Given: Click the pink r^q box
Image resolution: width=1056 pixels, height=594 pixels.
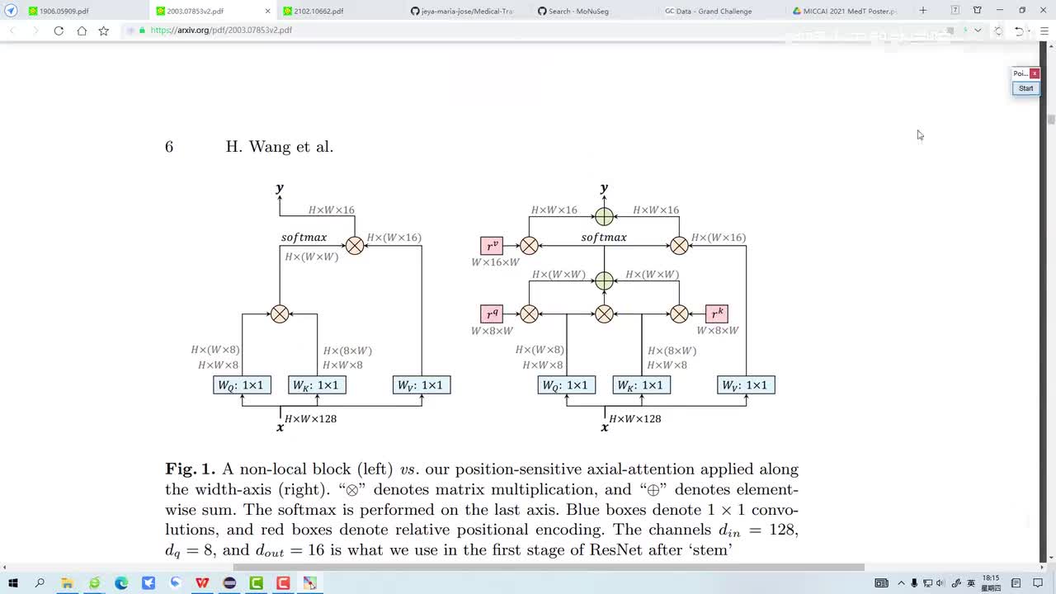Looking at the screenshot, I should [x=492, y=313].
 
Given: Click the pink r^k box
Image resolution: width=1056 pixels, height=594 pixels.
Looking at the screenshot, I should [x=717, y=313].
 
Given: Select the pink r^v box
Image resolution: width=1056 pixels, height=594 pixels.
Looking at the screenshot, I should [x=492, y=245].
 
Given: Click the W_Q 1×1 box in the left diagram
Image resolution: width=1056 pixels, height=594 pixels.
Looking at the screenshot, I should [x=242, y=385].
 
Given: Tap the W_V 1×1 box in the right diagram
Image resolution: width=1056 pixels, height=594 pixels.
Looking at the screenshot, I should [x=746, y=385].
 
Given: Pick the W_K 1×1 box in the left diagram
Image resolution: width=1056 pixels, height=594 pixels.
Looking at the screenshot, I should [x=317, y=385].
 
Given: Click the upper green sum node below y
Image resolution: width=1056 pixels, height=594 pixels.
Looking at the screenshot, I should [x=604, y=216].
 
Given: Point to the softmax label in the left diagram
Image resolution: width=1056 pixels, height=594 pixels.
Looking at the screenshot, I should [x=304, y=238].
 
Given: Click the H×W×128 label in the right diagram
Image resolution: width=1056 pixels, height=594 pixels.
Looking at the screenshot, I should [x=635, y=419].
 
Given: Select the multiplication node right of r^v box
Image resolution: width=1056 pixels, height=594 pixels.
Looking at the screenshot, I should [x=529, y=245].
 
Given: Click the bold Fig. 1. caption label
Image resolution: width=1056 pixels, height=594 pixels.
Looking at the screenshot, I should [x=191, y=469].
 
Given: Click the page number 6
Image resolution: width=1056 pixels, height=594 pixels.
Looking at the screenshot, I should [x=169, y=147].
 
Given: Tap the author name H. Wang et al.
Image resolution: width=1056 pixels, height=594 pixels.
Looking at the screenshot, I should [x=280, y=147].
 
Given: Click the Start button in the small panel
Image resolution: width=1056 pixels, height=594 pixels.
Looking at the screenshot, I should [x=1025, y=88].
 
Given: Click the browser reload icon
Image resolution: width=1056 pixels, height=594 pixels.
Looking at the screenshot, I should [x=59, y=31].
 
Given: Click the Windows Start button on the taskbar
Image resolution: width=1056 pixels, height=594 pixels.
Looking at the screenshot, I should [x=12, y=583].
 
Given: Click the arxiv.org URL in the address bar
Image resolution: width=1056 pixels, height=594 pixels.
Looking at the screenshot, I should [x=221, y=31].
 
